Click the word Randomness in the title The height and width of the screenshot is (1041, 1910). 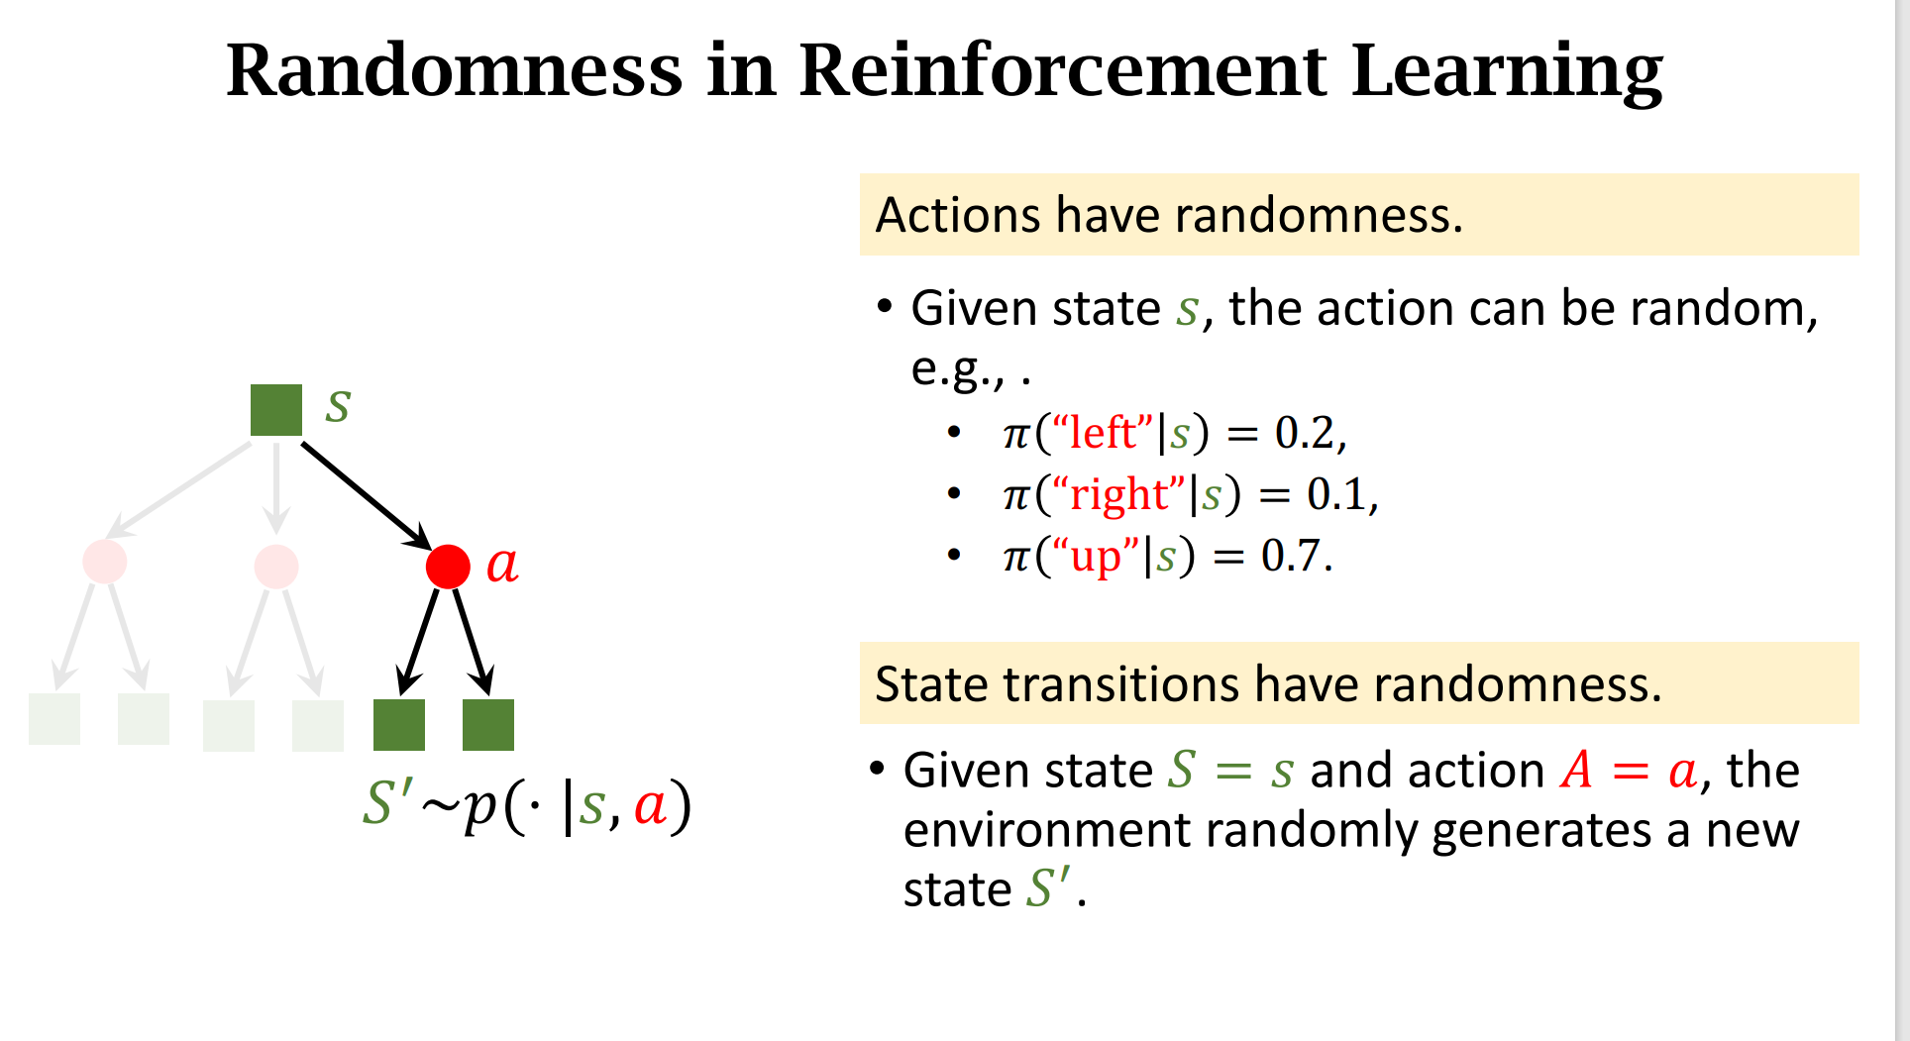point(455,71)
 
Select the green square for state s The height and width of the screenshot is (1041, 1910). point(276,410)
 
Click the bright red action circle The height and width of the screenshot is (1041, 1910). point(448,567)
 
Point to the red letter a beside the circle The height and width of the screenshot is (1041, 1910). point(502,565)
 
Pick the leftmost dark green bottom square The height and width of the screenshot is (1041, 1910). point(399,725)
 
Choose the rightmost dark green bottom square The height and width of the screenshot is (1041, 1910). point(488,725)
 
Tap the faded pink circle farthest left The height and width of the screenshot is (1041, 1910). point(105,562)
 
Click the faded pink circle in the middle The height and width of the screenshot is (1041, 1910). point(276,567)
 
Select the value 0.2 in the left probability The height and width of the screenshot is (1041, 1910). point(1304,434)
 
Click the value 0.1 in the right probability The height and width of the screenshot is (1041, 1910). point(1335,494)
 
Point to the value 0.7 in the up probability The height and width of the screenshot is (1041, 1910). point(1291,556)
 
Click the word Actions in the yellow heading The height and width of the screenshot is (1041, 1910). point(958,215)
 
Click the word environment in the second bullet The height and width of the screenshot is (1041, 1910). point(1046,830)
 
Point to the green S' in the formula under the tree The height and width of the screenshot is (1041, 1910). point(386,802)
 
